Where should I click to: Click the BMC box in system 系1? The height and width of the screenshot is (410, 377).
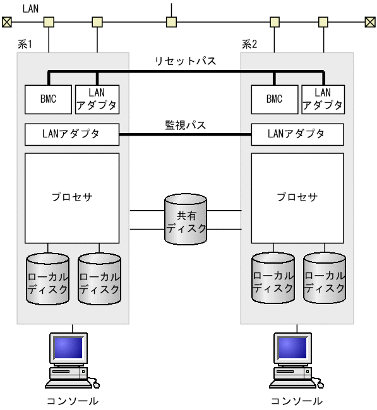[48, 99]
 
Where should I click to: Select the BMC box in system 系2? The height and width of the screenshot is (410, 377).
[274, 99]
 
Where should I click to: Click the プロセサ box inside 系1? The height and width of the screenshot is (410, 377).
[71, 197]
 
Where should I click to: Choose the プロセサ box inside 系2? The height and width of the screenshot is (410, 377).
[297, 197]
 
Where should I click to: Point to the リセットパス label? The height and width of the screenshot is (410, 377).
[186, 61]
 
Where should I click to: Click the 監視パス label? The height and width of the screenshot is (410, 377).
[186, 125]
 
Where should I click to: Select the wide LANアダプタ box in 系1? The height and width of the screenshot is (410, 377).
[71, 134]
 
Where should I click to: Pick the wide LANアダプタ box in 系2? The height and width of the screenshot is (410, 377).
[297, 134]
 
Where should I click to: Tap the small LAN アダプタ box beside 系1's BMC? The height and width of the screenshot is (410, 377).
[96, 99]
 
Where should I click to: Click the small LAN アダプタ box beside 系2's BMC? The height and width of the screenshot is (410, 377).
[323, 99]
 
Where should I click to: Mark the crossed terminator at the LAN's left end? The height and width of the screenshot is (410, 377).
[6, 23]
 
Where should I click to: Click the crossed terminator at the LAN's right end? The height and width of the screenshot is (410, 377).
[370, 23]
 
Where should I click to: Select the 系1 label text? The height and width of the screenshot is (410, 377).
[26, 45]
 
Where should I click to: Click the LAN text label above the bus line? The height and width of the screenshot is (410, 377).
[30, 8]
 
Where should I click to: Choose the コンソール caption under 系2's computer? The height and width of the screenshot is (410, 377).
[296, 401]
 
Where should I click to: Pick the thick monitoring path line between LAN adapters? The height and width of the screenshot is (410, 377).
[185, 134]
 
